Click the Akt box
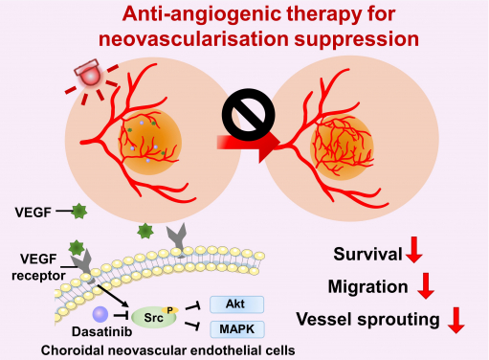(x=235, y=305)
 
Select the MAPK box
(x=235, y=329)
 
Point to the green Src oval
(x=154, y=316)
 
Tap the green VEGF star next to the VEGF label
(x=78, y=210)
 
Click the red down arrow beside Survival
(x=414, y=254)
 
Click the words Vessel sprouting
(x=369, y=320)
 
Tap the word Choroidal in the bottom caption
(x=76, y=350)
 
